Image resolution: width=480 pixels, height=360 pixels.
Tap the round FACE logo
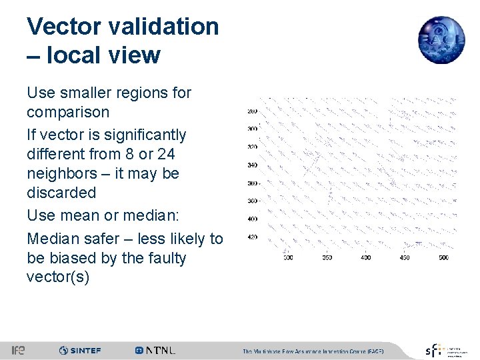[x=441, y=40]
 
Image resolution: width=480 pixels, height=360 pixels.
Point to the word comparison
[x=68, y=112]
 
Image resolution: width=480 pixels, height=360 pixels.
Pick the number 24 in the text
[x=167, y=154]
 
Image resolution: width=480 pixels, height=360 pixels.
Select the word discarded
[x=61, y=193]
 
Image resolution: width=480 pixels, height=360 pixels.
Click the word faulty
[x=167, y=258]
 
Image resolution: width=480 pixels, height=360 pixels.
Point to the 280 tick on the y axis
[x=252, y=111]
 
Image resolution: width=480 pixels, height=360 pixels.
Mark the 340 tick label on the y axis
[x=252, y=165]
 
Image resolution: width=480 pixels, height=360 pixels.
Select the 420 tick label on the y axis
[x=252, y=237]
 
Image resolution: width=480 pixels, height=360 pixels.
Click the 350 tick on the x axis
[x=327, y=257]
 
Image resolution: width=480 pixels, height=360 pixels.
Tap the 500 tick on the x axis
[x=443, y=257]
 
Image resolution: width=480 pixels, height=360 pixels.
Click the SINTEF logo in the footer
[x=80, y=350]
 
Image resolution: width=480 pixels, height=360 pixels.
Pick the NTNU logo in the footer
[x=155, y=350]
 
